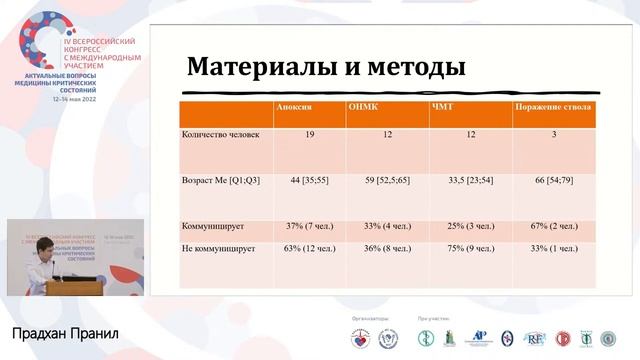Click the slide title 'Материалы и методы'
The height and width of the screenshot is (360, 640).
[x=326, y=68]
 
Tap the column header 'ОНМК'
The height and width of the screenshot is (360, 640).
[x=367, y=107]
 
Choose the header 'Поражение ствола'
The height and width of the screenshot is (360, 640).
[x=552, y=107]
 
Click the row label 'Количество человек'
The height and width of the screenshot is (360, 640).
[x=216, y=134]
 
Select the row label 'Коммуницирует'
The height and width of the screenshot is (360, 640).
[x=212, y=226]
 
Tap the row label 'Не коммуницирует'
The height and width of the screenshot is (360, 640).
[x=219, y=248]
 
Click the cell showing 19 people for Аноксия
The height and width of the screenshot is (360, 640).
[x=310, y=134]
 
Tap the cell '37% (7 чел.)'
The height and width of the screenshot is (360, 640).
[x=310, y=226]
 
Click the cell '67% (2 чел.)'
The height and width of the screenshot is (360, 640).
[x=553, y=226]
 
